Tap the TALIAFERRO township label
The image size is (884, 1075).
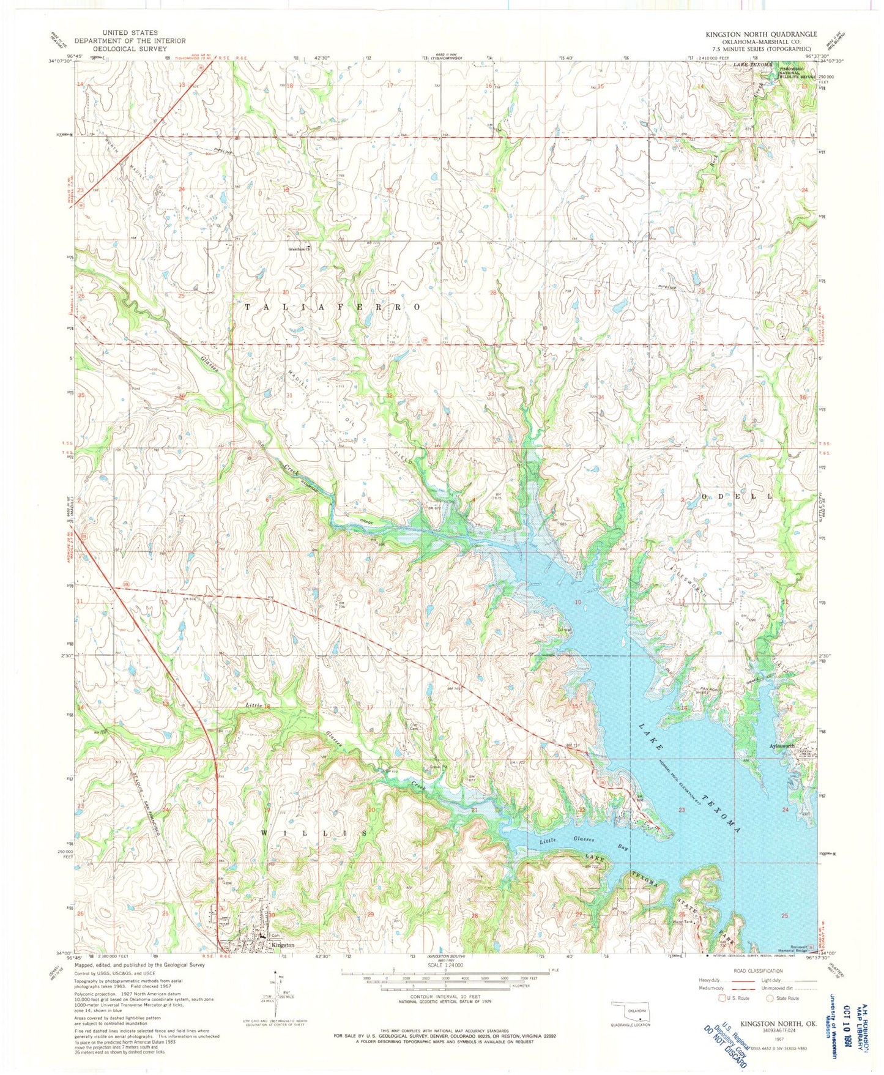tap(333, 307)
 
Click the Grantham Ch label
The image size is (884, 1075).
tap(300, 249)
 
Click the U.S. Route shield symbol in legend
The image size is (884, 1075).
tap(724, 998)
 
